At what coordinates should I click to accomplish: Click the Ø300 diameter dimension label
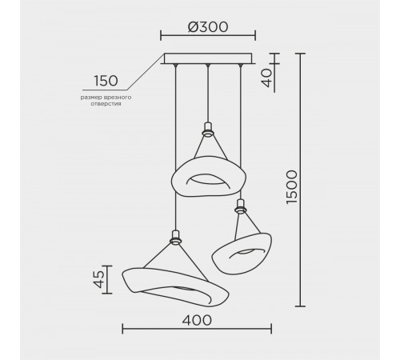[208, 27]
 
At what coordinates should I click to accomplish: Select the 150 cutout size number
[106, 81]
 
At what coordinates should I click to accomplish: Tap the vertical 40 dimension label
[266, 78]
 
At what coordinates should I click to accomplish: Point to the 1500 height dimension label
[291, 187]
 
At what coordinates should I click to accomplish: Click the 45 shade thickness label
[99, 279]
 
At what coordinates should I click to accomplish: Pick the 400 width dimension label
[197, 320]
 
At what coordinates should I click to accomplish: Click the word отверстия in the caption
[106, 104]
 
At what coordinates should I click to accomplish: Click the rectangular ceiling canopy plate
[208, 58]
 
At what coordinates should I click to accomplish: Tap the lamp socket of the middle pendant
[208, 129]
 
